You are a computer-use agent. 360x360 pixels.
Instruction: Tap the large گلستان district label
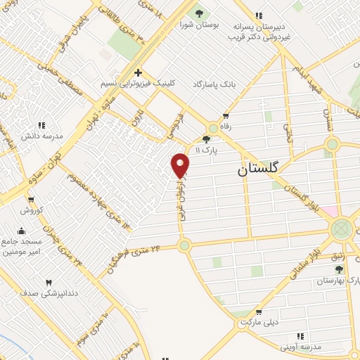pyautogui.click(x=258, y=169)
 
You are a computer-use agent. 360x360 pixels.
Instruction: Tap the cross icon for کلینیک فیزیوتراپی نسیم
pyautogui.click(x=139, y=72)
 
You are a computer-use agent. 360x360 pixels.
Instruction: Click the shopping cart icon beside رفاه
pyautogui.click(x=225, y=116)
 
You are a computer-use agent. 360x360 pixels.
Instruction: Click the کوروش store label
pyautogui.click(x=32, y=210)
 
